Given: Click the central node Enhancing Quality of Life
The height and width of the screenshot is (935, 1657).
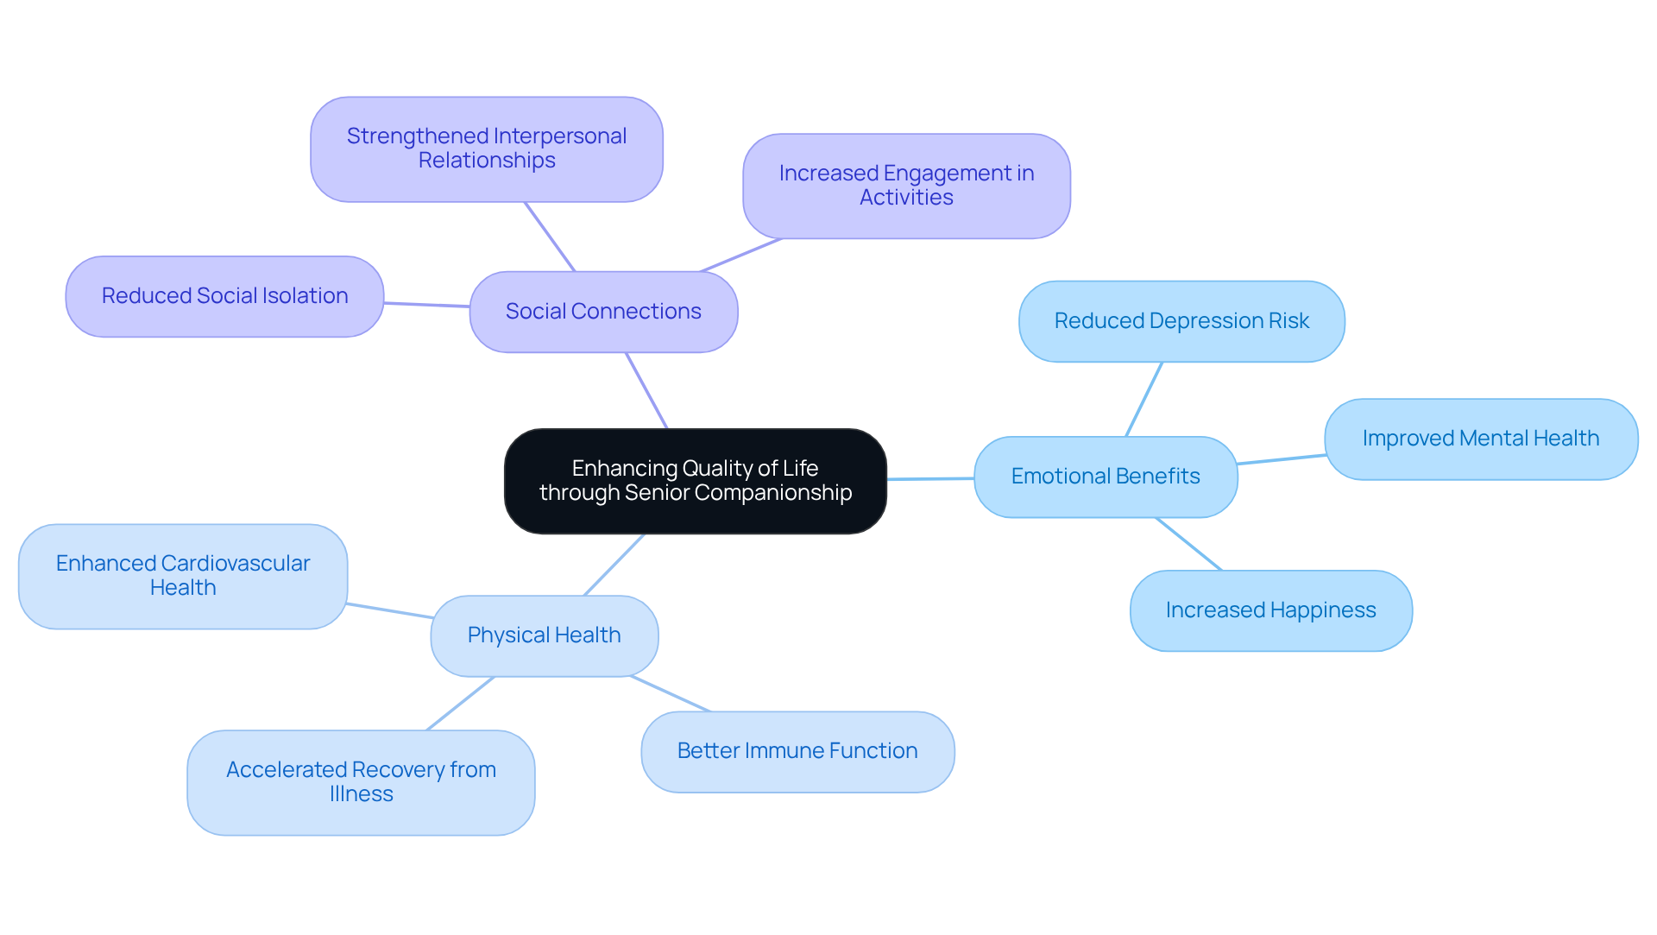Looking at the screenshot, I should pyautogui.click(x=695, y=481).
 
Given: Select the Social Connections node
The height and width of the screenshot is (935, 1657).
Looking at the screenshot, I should pyautogui.click(x=603, y=312).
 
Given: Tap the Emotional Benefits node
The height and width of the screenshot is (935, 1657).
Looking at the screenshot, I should pyautogui.click(x=1105, y=477).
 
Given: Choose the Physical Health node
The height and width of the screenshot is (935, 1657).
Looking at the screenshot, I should pyautogui.click(x=544, y=635).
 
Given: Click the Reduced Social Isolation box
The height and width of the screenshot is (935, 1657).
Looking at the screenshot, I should pyautogui.click(x=224, y=296).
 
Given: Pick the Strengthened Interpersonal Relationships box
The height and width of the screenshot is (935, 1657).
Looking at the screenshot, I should pyautogui.click(x=486, y=148).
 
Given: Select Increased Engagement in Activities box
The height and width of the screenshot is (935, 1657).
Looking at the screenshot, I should pyautogui.click(x=906, y=186).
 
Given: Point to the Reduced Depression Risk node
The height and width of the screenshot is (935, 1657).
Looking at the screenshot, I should pyautogui.click(x=1181, y=321).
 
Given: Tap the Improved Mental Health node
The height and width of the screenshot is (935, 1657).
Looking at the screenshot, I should pyautogui.click(x=1480, y=439).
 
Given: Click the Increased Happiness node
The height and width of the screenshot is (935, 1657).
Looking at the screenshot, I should pyautogui.click(x=1270, y=610).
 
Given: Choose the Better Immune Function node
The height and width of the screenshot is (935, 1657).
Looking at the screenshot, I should pyautogui.click(x=797, y=751).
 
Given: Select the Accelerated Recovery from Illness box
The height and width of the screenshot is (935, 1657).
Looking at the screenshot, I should pyautogui.click(x=361, y=782).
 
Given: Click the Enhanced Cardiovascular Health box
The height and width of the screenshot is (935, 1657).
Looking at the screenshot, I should pyautogui.click(x=182, y=576).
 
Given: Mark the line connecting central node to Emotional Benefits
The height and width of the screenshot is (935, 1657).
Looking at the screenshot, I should pyautogui.click(x=930, y=478).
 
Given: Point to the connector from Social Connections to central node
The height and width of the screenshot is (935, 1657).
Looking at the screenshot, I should pyautogui.click(x=646, y=390).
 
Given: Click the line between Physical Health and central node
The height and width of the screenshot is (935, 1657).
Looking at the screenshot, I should pyautogui.click(x=614, y=565).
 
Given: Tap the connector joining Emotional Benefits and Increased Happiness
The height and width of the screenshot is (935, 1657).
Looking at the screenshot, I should pyautogui.click(x=1188, y=544).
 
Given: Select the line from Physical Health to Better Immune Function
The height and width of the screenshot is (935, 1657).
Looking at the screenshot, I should pyautogui.click(x=671, y=694).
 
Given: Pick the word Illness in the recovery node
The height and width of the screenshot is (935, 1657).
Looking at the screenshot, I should pyautogui.click(x=361, y=794).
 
